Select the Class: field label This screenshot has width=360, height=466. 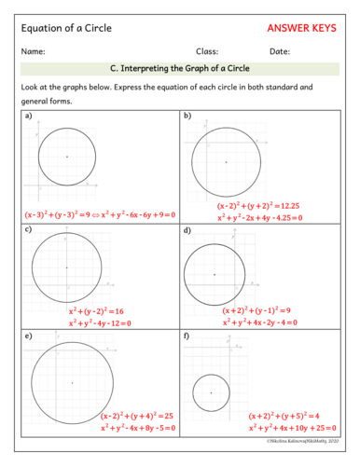pyautogui.click(x=207, y=51)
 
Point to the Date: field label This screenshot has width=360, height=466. pyautogui.click(x=280, y=51)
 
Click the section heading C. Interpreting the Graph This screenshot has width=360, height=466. pyautogui.click(x=179, y=69)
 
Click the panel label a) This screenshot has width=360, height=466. pyautogui.click(x=28, y=116)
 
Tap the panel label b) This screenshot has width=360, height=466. pyautogui.click(x=187, y=116)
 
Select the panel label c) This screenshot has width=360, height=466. pyautogui.click(x=28, y=229)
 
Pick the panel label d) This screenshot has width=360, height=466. pyautogui.click(x=187, y=229)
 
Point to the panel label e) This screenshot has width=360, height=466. pyautogui.click(x=28, y=334)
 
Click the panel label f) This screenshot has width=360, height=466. pyautogui.click(x=187, y=334)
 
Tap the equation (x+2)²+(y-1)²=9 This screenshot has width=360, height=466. pyautogui.click(x=256, y=310)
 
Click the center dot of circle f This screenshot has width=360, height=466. pyautogui.click(x=211, y=392)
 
